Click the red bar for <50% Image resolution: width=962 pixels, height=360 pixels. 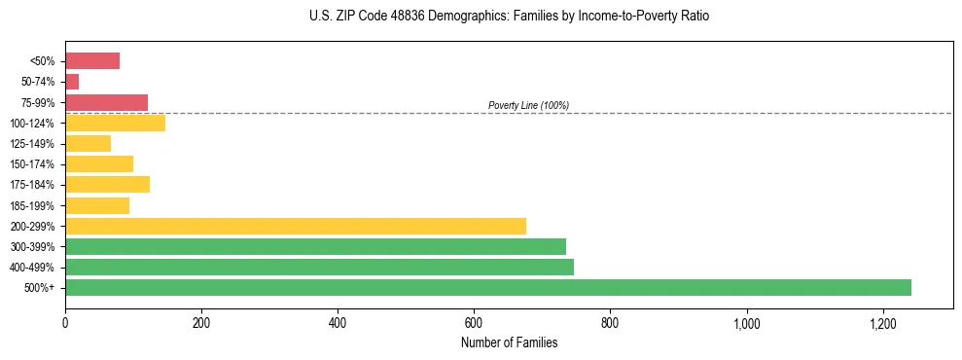[x=92, y=61]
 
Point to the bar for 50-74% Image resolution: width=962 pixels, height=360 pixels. [x=72, y=82]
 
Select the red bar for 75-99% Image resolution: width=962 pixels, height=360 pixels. [x=106, y=102]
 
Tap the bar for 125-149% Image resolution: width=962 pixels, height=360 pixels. [x=88, y=143]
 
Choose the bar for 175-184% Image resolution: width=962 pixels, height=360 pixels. [x=107, y=184]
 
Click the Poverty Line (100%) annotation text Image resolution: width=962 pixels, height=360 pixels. [x=528, y=105]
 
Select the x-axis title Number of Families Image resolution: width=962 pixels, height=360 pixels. [x=509, y=342]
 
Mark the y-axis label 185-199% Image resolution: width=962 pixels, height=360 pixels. [x=32, y=205]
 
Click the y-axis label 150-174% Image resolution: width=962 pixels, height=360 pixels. [x=32, y=164]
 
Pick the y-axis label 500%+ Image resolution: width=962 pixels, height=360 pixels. [x=40, y=288]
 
